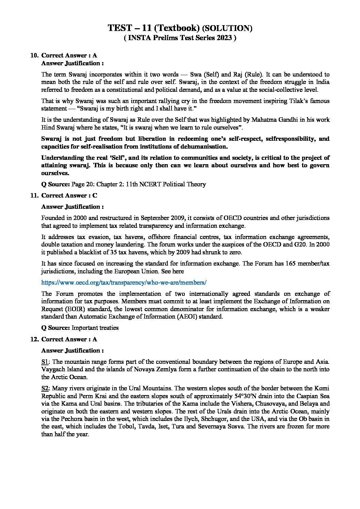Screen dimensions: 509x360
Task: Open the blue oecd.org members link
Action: tap(124, 283)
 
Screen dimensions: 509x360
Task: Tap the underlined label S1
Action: tap(46, 362)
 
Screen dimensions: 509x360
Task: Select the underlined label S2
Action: tap(46, 388)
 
